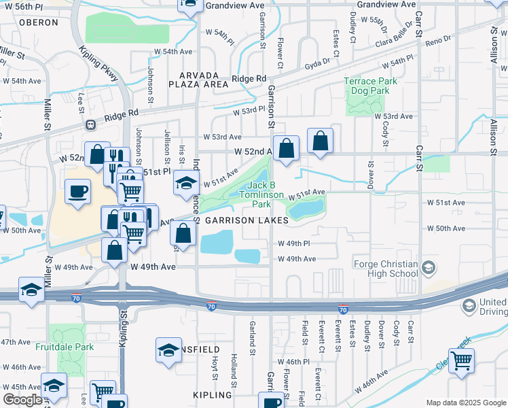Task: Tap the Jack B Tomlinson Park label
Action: click(x=261, y=194)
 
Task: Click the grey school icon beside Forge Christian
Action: click(x=428, y=268)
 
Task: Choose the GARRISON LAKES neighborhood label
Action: click(x=247, y=220)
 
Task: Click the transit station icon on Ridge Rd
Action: click(x=90, y=124)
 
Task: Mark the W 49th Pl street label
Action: click(x=293, y=243)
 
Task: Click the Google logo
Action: click(x=22, y=400)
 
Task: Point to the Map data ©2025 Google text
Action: click(x=465, y=402)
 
